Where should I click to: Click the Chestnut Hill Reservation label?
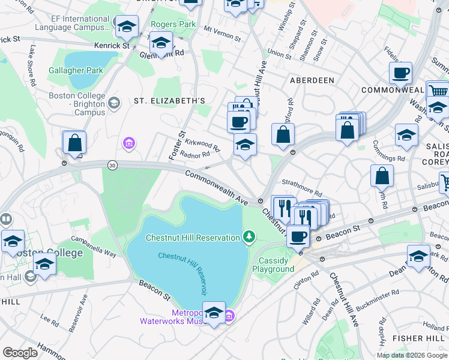[x=193, y=238]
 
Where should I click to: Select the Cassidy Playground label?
[x=276, y=265]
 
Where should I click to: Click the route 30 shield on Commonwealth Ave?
[x=112, y=164]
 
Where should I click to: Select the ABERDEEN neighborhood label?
[x=312, y=80]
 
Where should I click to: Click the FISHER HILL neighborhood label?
[x=426, y=338]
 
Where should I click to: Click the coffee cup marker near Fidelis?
[x=400, y=74]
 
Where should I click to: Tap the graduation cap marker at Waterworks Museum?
[x=214, y=313]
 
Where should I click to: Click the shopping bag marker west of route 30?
[x=74, y=143]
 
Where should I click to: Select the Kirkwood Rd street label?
[x=203, y=144]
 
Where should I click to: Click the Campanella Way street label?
[x=94, y=245]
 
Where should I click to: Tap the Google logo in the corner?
[x=20, y=353]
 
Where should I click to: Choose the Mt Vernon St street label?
[x=222, y=34]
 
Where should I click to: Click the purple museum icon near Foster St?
[x=128, y=143]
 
